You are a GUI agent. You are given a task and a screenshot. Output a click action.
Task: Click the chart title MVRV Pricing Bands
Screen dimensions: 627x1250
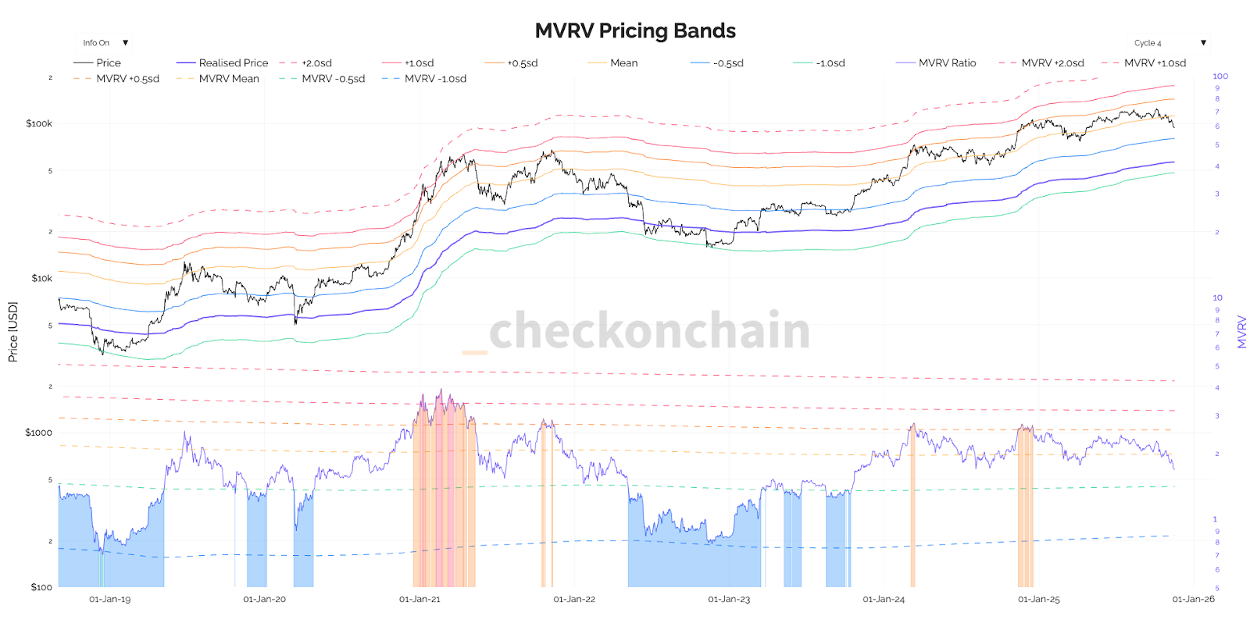634,30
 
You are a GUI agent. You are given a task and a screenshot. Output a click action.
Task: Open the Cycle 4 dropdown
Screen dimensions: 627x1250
1169,43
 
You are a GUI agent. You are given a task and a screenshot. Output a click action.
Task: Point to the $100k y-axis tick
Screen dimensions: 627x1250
39,123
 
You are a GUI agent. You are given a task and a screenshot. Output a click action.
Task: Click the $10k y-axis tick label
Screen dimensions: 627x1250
41,278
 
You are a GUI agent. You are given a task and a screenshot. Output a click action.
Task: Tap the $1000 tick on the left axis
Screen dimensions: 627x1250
38,433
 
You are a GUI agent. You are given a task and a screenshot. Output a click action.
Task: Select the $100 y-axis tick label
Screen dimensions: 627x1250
41,587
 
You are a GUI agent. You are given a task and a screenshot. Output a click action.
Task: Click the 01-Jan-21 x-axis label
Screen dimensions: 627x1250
420,600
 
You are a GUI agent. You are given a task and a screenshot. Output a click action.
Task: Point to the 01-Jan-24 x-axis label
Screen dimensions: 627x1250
884,600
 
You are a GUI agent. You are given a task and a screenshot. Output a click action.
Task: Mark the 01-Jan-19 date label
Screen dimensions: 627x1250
110,600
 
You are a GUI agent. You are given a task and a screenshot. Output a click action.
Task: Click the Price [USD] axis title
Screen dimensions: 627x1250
12,332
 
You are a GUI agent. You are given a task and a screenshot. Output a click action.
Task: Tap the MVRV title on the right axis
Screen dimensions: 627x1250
1241,332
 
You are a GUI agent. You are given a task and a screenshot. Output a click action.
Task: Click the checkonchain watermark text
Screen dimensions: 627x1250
648,331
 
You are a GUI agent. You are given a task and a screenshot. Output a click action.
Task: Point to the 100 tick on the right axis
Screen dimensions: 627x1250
1220,77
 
